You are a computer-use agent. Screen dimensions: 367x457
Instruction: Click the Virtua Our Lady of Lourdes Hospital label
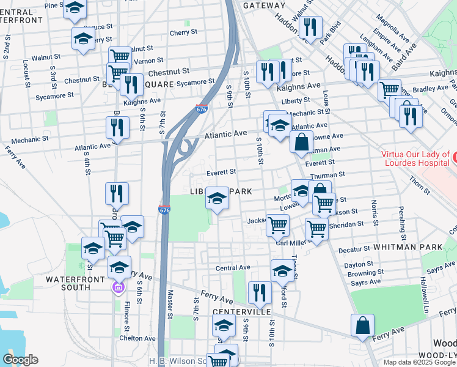pos(415,158)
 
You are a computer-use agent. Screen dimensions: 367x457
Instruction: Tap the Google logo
pos(20,359)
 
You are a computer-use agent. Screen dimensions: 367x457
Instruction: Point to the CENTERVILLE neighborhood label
pos(242,311)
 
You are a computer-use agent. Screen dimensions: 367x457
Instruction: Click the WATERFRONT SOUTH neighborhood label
pos(59,278)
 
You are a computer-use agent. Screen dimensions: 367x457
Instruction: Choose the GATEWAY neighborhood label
pos(264,6)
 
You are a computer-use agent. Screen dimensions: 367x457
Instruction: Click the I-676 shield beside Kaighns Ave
pos(202,109)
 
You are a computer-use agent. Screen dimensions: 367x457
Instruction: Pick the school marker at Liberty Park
pos(217,198)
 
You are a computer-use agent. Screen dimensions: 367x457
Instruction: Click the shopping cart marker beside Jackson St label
pos(277,225)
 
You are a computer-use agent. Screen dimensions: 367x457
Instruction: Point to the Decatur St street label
pos(354,249)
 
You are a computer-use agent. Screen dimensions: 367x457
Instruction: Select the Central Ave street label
pos(233,267)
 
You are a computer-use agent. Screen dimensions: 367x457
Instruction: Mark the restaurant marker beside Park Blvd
pos(312,28)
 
